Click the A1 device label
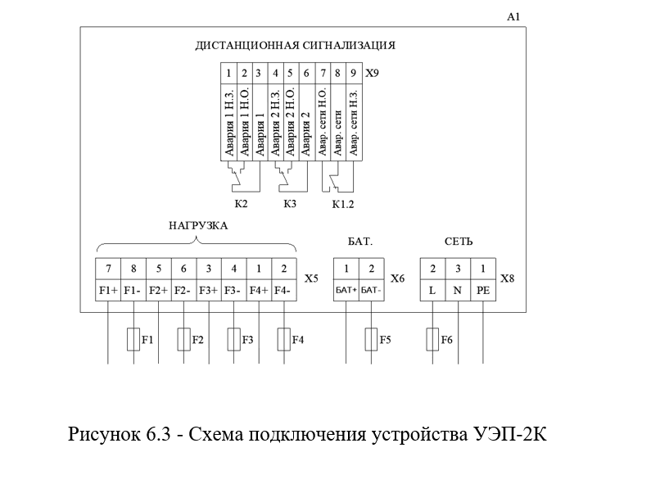513,16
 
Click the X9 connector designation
372,73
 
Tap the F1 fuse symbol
133,340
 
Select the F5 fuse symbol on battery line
371,340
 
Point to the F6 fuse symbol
432,340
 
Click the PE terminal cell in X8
483,290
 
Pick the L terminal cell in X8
432,290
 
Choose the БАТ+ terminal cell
346,290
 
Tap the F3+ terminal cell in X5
209,290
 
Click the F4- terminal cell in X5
284,290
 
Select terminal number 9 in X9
353,74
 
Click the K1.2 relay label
343,204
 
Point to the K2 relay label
241,204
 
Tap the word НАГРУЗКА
198,226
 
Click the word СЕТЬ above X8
459,242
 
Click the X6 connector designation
397,278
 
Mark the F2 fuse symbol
184,340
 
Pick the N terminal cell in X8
458,290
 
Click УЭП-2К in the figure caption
509,435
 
